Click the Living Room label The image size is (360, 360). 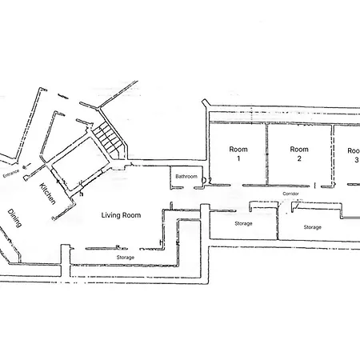pyautogui.click(x=121, y=215)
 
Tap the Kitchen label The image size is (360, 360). pyautogui.click(x=48, y=194)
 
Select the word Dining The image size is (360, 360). pyautogui.click(x=14, y=218)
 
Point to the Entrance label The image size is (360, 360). pyautogui.click(x=11, y=174)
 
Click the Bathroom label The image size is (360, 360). pyautogui.click(x=186, y=176)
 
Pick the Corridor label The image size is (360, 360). pyautogui.click(x=290, y=194)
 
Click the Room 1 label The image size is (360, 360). pyautogui.click(x=238, y=154)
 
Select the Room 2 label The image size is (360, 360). pyautogui.click(x=299, y=154)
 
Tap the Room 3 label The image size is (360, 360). pyautogui.click(x=354, y=155)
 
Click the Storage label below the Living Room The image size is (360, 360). pyautogui.click(x=126, y=258)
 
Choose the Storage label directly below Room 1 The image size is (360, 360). pyautogui.click(x=243, y=223)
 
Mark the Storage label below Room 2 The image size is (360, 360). pyautogui.click(x=313, y=227)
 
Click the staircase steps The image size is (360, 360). pyautogui.click(x=108, y=139)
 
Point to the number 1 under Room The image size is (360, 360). pyautogui.click(x=238, y=158)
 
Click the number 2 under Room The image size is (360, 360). pyautogui.click(x=299, y=158)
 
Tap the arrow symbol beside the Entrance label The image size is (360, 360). pyautogui.click(x=26, y=166)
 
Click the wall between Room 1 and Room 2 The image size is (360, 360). pyautogui.click(x=266, y=154)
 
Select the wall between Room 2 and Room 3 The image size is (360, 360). pyautogui.click(x=333, y=154)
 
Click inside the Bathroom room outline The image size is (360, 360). pyautogui.click(x=186, y=182)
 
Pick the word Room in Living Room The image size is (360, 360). pyautogui.click(x=131, y=215)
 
